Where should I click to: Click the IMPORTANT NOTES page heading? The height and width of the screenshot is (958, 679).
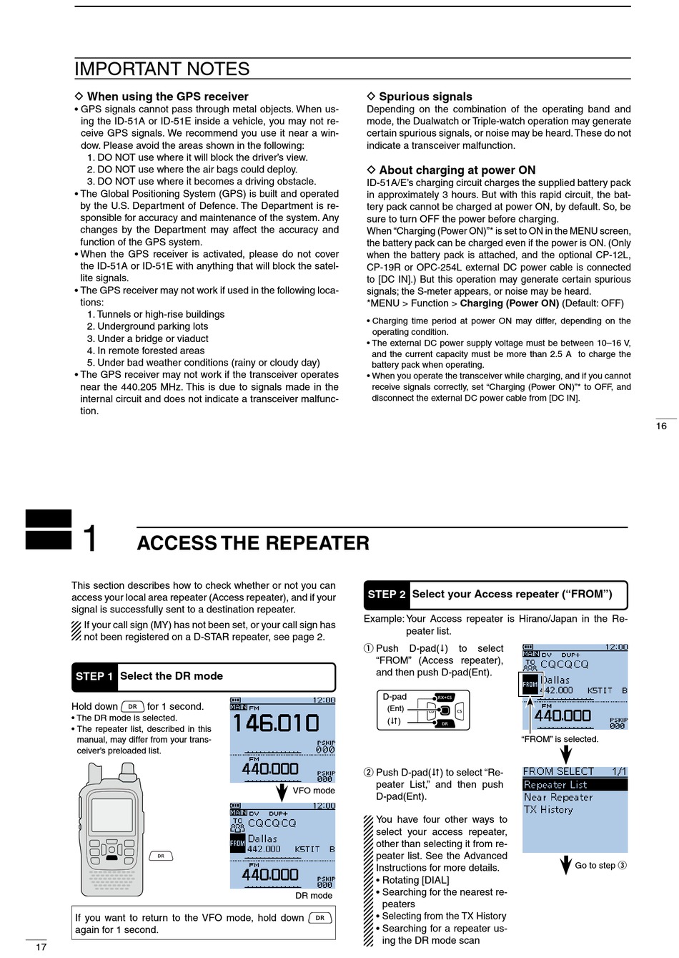point(162,69)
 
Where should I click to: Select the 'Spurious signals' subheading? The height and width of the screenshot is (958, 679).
point(425,97)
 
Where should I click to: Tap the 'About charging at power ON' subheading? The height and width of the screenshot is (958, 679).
point(457,170)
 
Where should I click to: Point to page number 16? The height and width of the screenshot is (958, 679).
point(661,426)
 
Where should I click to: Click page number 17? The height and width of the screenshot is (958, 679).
point(41,947)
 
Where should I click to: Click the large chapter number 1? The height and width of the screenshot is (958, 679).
point(89,538)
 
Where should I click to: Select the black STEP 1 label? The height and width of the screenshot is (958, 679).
point(94,676)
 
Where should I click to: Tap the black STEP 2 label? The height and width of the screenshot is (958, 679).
point(387,595)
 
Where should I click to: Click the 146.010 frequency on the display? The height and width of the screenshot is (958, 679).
point(276,723)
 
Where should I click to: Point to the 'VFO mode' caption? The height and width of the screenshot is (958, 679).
point(313,791)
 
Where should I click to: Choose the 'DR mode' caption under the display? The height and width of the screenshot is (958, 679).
point(314,896)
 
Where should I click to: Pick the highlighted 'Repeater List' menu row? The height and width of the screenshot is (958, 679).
point(555,785)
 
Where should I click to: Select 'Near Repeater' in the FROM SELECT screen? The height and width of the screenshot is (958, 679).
point(557,797)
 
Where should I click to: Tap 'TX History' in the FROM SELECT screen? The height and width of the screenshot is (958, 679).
point(548,810)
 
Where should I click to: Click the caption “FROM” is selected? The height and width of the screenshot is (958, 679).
point(560,739)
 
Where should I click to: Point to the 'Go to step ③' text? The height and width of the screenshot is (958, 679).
point(600,866)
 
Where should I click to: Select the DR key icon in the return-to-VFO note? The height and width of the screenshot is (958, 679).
point(320,918)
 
